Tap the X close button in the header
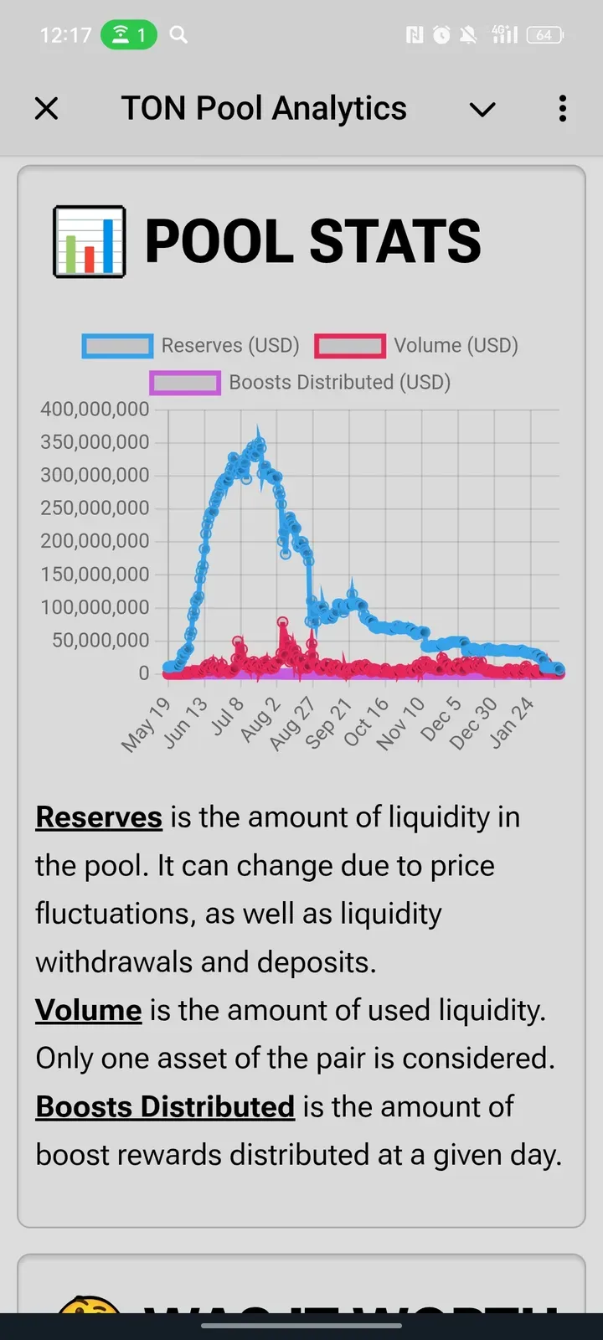point(47,109)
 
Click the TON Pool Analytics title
point(264,109)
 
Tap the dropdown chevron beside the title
point(482,109)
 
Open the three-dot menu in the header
point(563,109)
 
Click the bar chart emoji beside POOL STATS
point(90,241)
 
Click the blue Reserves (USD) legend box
point(117,346)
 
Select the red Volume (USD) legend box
point(350,346)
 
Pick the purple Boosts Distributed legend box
point(185,383)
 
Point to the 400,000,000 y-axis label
point(95,410)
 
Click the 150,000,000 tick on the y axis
point(95,575)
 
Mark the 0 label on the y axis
point(143,673)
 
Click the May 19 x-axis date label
point(147,724)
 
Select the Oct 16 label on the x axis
point(366,720)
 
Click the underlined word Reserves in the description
point(99,817)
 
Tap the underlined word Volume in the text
point(89,1011)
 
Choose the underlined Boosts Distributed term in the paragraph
point(165,1107)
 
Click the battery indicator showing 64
point(545,35)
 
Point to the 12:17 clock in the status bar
point(65,35)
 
